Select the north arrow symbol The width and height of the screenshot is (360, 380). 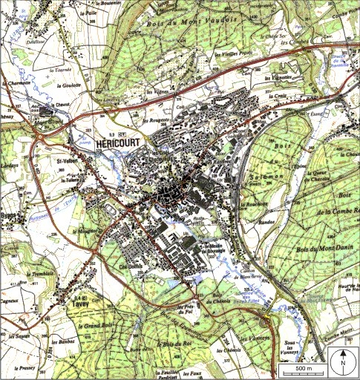[343, 363]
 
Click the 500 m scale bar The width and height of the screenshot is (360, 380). [302, 369]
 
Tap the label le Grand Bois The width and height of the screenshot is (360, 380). [97, 325]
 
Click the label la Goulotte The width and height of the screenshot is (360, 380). [68, 85]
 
